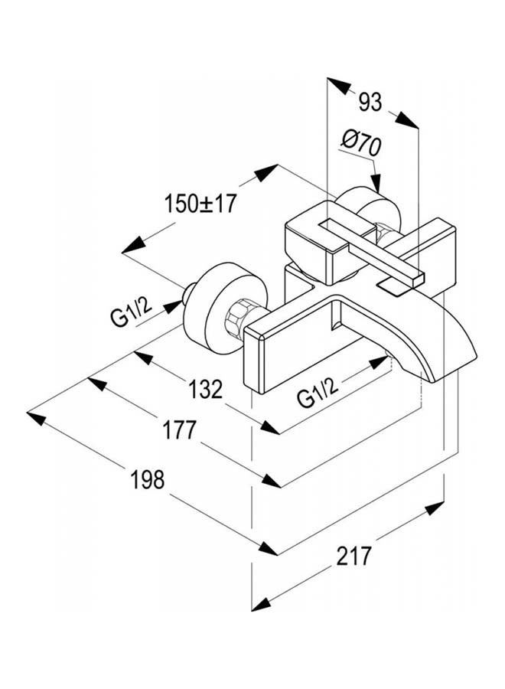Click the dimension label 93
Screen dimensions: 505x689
(x=370, y=103)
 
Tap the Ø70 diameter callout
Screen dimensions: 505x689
(x=361, y=145)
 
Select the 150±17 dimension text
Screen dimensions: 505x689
(x=200, y=204)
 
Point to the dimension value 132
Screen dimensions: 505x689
(x=206, y=389)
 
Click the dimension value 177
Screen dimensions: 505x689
(x=180, y=430)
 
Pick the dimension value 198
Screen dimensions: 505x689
(x=148, y=479)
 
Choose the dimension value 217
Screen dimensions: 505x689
(x=354, y=556)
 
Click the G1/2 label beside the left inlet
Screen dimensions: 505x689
(x=130, y=311)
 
